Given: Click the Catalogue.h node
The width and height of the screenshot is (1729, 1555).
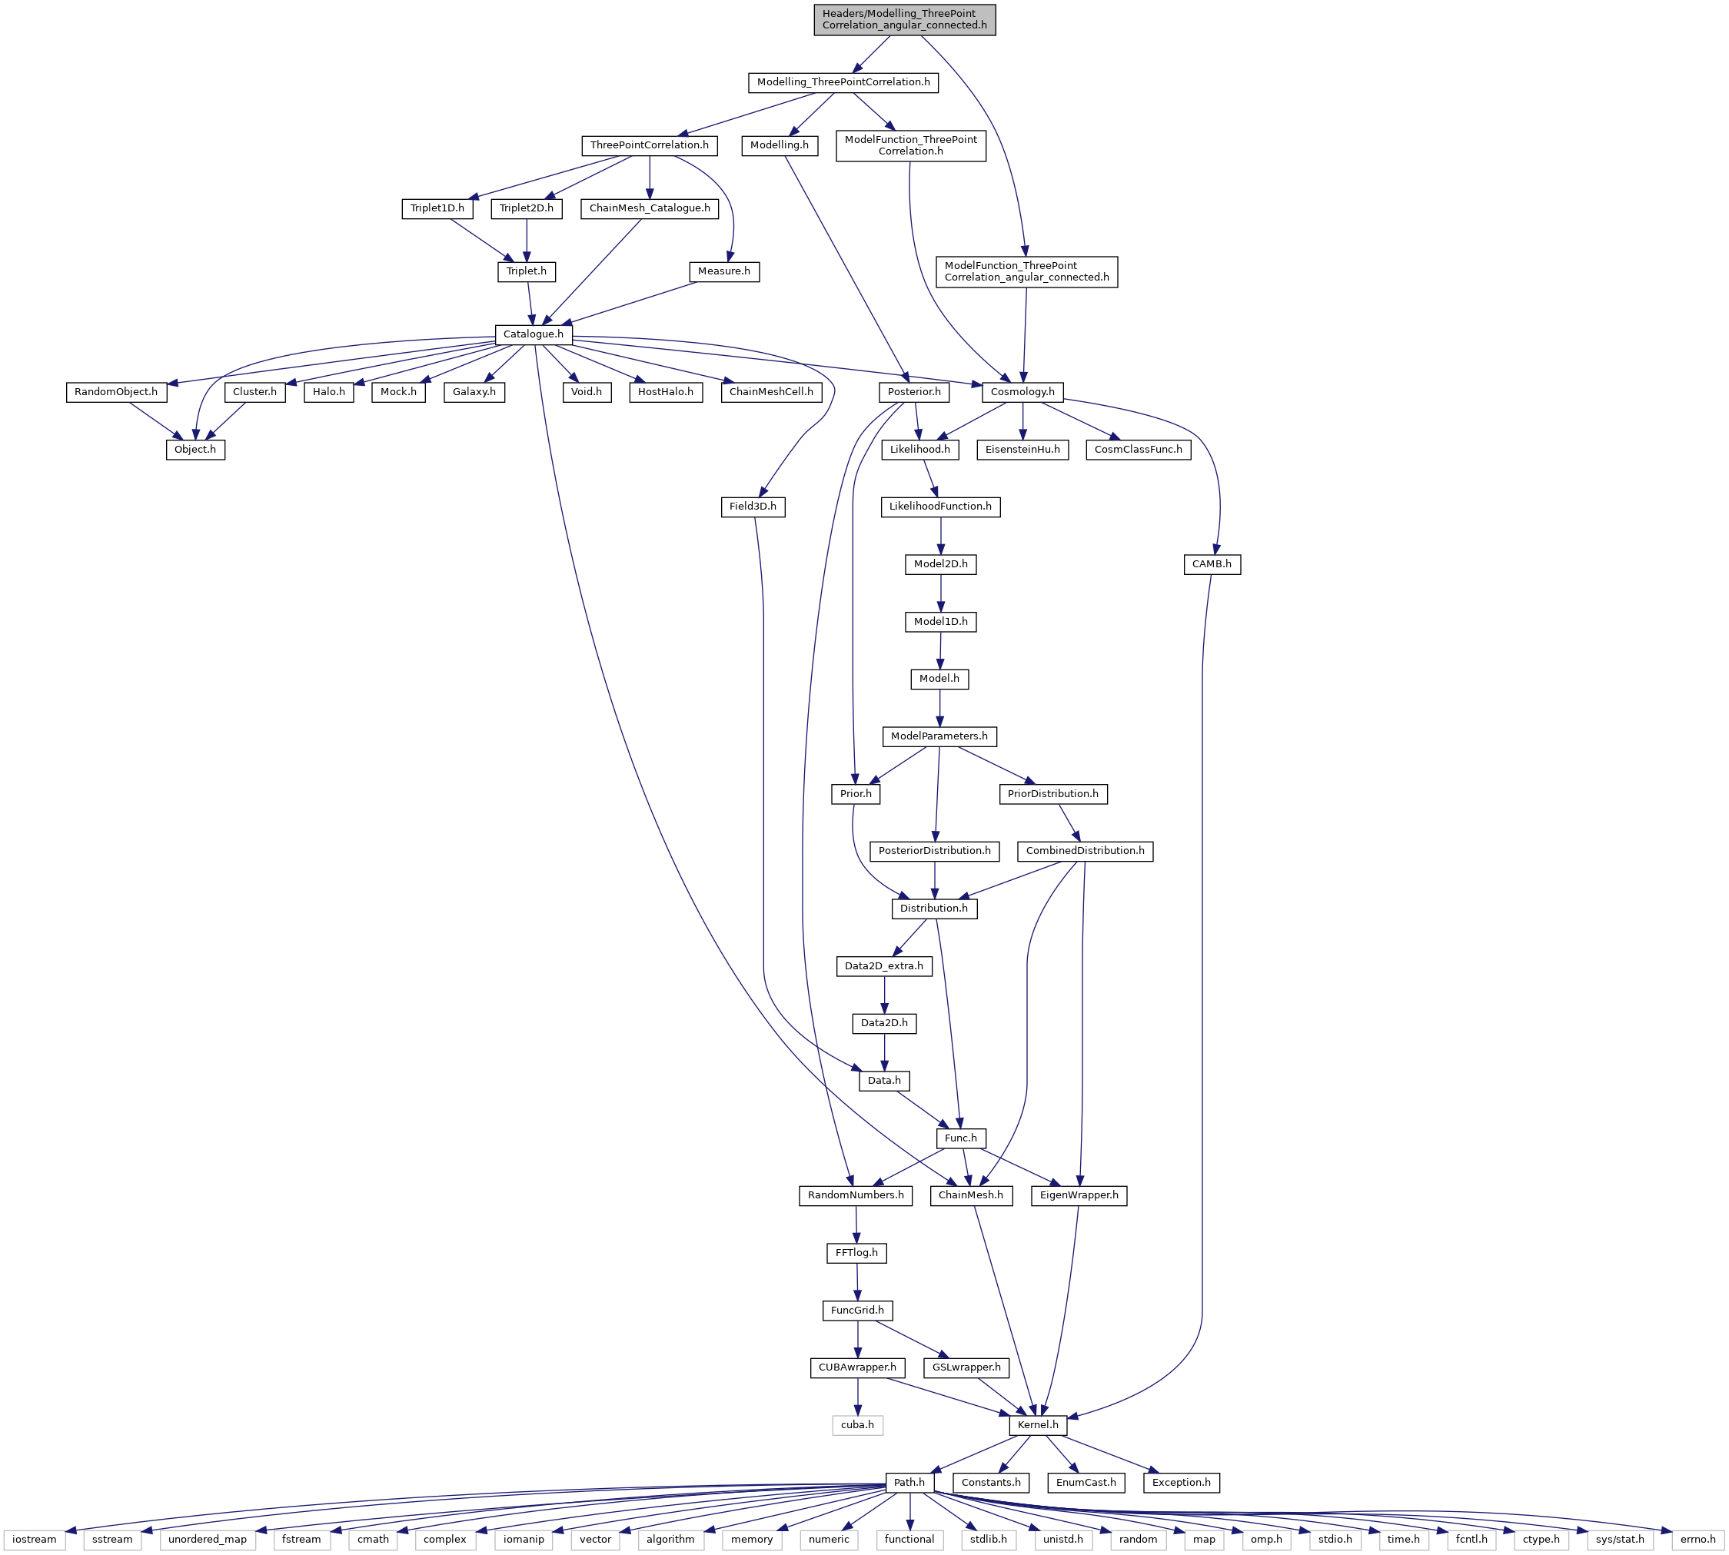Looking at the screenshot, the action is click(534, 334).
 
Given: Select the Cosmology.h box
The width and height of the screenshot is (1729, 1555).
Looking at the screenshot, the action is click(1022, 392).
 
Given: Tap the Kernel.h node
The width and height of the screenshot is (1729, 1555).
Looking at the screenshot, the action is click(1038, 1425).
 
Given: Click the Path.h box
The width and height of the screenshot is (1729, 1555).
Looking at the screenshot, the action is click(909, 1483).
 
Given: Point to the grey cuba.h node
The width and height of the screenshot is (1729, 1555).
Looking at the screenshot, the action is click(857, 1425).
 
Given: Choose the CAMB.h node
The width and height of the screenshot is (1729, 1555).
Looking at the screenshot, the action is click(1212, 564).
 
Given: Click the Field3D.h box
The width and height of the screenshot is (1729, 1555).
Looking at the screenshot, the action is click(753, 507).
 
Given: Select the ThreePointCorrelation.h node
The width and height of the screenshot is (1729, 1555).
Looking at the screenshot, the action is click(649, 145).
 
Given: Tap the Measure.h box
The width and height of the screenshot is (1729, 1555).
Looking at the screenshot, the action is click(724, 271).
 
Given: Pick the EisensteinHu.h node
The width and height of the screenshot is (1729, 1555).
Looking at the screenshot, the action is click(1022, 450).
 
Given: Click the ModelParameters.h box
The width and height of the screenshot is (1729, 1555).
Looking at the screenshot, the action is click(939, 736).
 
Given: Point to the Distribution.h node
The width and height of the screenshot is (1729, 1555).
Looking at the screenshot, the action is click(934, 909).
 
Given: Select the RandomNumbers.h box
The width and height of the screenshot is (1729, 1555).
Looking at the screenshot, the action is click(856, 1195).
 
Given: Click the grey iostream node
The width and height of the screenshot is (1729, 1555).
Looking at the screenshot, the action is click(34, 1540).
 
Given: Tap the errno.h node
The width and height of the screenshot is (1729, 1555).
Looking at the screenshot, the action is click(1697, 1540).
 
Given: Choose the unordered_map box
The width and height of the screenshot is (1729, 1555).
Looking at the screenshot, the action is click(208, 1540).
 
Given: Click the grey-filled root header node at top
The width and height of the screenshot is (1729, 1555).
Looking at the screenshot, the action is click(904, 20).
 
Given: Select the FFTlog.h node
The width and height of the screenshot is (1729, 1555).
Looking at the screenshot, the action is click(856, 1254).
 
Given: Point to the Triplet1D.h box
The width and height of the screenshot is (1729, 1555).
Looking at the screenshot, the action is click(437, 208).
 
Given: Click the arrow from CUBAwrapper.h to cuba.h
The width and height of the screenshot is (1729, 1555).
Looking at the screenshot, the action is click(857, 1397).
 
